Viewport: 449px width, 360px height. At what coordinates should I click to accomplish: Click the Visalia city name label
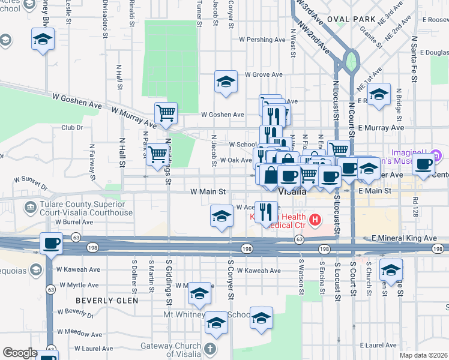click(293, 192)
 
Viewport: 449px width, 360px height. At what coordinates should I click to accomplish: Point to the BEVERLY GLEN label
click(107, 300)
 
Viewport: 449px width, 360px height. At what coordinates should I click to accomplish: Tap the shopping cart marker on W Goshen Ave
click(165, 112)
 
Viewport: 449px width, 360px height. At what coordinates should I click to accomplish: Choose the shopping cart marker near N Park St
click(157, 154)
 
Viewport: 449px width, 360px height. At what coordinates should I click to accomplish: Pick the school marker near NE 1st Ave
click(379, 95)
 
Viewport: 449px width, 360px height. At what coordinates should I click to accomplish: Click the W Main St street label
click(207, 192)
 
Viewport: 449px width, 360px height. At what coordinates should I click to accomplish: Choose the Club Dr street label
click(71, 128)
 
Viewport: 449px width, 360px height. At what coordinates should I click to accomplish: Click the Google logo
click(20, 353)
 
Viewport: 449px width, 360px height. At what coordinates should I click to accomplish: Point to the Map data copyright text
click(423, 355)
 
